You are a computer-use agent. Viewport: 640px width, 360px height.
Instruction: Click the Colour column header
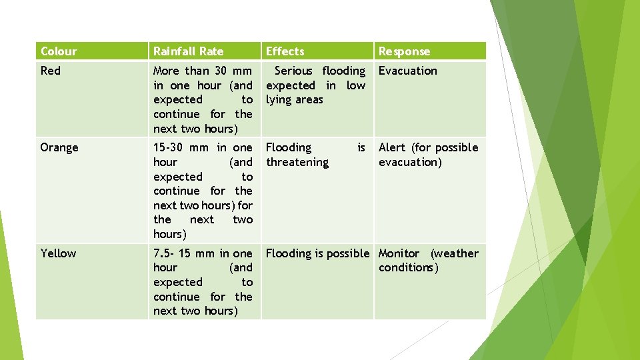tap(59, 51)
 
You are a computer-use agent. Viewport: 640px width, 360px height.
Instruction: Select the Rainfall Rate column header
tap(188, 51)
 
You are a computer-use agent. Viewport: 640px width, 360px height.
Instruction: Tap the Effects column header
tap(285, 51)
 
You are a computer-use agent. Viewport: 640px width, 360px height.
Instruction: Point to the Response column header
tap(404, 51)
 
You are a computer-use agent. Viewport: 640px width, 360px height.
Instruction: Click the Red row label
tap(51, 71)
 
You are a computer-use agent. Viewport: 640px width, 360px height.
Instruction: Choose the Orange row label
tap(59, 147)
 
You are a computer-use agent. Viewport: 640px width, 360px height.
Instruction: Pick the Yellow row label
tap(59, 253)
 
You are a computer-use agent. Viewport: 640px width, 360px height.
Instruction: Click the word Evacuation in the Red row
tap(408, 71)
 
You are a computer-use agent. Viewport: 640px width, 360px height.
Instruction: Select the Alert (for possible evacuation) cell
tap(428, 155)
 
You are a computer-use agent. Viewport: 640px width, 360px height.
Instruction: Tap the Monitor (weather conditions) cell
tap(428, 261)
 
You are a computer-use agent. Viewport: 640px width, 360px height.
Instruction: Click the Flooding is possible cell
tap(317, 253)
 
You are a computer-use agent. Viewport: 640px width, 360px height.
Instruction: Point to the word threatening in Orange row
tap(297, 162)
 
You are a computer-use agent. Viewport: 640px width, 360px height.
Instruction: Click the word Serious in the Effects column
tap(293, 71)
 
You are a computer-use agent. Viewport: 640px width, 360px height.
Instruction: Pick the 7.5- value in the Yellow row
tap(165, 253)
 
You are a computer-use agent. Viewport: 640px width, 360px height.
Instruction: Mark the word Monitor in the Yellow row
tap(399, 253)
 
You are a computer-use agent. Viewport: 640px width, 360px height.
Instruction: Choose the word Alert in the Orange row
tap(392, 147)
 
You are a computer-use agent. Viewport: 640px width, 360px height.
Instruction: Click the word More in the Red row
tap(167, 71)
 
